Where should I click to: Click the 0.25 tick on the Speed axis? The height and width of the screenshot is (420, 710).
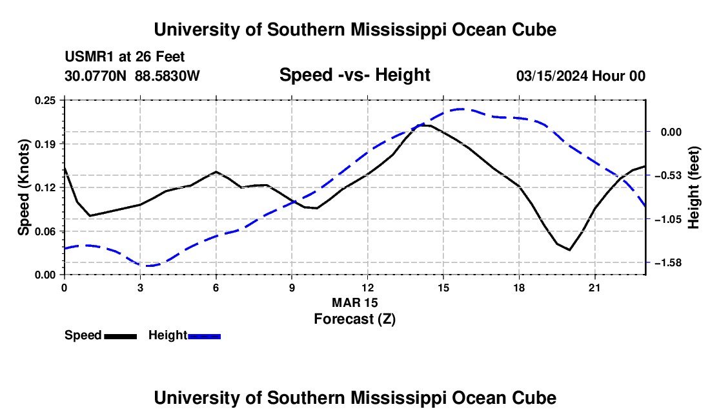click(x=45, y=100)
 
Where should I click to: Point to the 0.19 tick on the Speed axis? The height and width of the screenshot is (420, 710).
click(x=45, y=144)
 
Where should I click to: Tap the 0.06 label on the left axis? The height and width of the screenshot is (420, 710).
click(x=45, y=231)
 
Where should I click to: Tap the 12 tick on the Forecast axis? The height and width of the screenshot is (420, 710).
click(x=368, y=288)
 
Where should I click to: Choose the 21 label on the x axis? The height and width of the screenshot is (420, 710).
click(x=594, y=288)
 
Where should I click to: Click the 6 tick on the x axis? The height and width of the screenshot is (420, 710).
click(x=216, y=288)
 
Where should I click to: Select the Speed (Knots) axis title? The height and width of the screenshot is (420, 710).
click(x=23, y=187)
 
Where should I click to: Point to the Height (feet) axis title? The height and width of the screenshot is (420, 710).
click(x=693, y=187)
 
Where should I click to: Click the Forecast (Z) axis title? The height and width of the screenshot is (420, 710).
click(x=355, y=319)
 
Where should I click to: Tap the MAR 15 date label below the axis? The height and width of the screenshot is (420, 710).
click(x=355, y=302)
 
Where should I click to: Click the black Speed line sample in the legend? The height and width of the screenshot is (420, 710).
click(x=121, y=337)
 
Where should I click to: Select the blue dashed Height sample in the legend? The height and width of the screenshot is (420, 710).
click(x=204, y=337)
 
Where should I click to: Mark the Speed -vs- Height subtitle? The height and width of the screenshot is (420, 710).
click(x=355, y=75)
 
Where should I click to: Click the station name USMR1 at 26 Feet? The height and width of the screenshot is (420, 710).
click(x=125, y=57)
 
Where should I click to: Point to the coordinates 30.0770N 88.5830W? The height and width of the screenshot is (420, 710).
click(x=132, y=76)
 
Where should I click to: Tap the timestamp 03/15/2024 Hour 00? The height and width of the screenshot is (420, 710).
click(x=581, y=76)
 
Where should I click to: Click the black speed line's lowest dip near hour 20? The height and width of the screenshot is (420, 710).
click(x=570, y=249)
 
